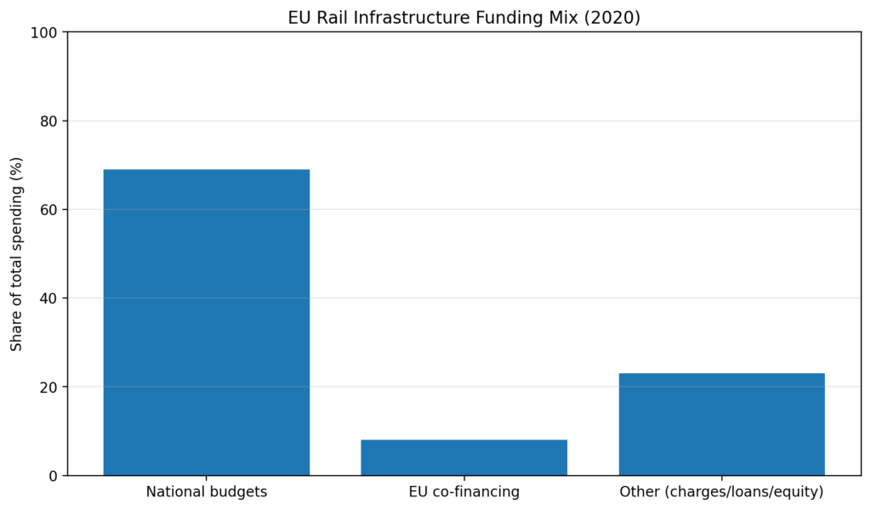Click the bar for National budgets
tap(206, 322)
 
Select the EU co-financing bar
tap(464, 457)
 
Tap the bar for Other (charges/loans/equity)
tap(721, 424)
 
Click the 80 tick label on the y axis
tap(49, 122)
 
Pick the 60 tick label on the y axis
tap(49, 210)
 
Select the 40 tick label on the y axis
tap(49, 298)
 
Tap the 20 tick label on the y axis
tap(49, 387)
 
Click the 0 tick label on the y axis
tap(54, 476)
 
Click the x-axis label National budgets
tap(206, 492)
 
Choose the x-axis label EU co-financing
tap(464, 492)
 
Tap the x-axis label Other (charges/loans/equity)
tap(721, 492)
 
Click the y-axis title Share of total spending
tap(16, 253)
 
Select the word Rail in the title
tap(330, 17)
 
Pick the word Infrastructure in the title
tap(404, 17)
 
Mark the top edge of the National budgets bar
tap(206, 170)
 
